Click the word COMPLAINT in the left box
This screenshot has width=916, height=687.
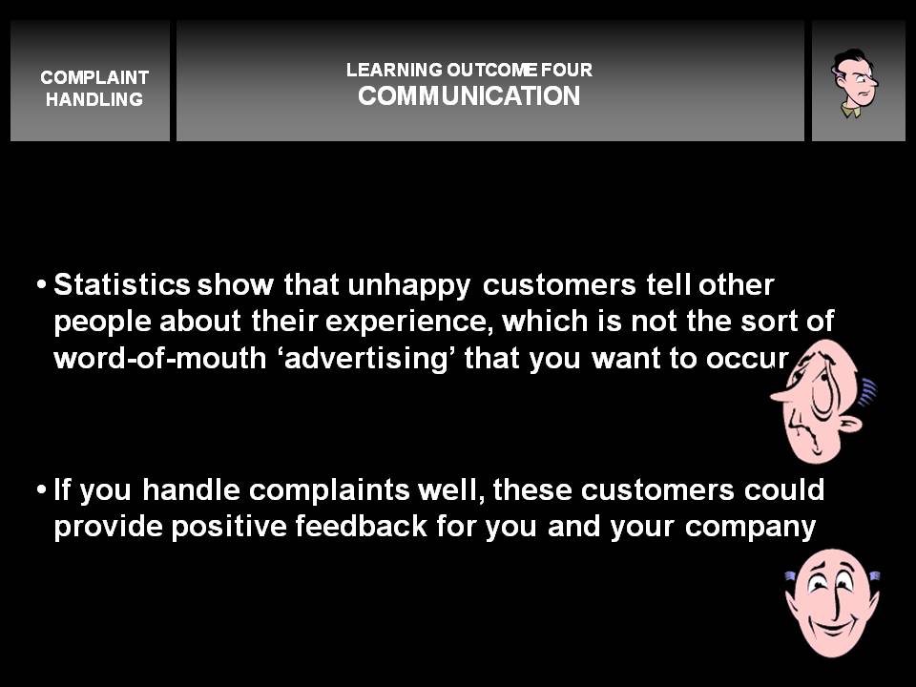(94, 77)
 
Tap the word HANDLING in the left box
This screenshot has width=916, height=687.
(94, 99)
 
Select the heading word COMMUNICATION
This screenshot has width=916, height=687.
(469, 95)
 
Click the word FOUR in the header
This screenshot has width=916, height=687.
(566, 70)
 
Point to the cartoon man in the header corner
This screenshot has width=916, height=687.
(855, 83)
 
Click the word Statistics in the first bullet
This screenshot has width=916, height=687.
(121, 284)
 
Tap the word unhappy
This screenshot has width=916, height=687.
(408, 286)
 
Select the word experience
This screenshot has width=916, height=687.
(406, 323)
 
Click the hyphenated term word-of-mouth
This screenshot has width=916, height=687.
(160, 358)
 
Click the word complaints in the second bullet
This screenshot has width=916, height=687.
(329, 490)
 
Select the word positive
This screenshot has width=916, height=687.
(229, 527)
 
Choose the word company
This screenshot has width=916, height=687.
(750, 528)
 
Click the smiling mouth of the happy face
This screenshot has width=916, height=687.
(832, 628)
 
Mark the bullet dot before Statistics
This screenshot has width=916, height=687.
(41, 285)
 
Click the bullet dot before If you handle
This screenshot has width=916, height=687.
(41, 489)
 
